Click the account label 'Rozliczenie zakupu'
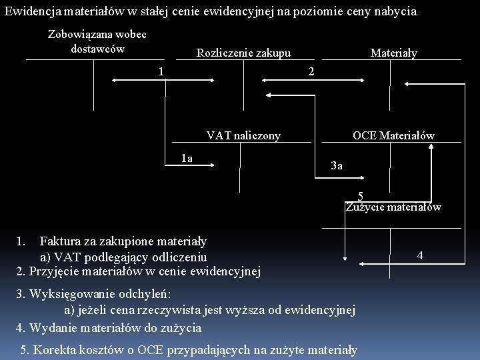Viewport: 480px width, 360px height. coord(243,53)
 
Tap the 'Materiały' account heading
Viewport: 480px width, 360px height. coord(393,53)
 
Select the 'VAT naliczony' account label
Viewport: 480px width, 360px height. coord(243,136)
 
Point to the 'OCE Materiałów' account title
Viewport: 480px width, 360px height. coord(393,136)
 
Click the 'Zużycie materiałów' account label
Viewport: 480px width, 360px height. coord(393,207)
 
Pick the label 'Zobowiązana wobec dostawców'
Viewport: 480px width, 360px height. coord(97,41)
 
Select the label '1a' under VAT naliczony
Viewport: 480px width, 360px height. coord(187,158)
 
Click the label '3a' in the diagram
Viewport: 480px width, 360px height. coord(337,166)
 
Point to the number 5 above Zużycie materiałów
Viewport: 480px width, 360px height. coord(360,196)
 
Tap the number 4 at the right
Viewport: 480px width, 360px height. coord(419,255)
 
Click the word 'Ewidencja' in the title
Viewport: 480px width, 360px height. coord(30,11)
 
